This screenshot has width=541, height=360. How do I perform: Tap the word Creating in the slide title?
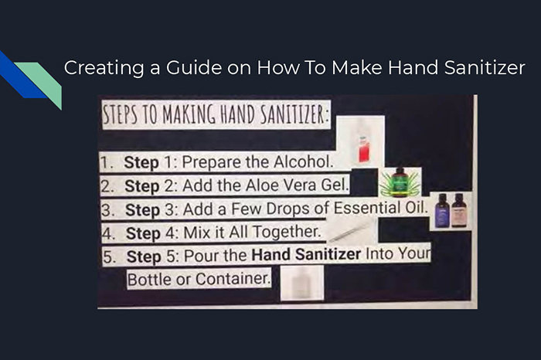pyautogui.click(x=104, y=68)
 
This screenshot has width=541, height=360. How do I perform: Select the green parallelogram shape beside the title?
pyautogui.click(x=41, y=83)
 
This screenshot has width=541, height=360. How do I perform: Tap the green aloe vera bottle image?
pyautogui.click(x=400, y=182)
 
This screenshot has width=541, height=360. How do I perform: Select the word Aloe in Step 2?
pyautogui.click(x=262, y=185)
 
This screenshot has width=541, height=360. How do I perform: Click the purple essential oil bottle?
pyautogui.click(x=442, y=211)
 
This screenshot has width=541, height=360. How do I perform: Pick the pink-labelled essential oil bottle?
pyautogui.click(x=459, y=210)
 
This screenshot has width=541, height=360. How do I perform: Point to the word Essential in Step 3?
pyautogui.click(x=366, y=208)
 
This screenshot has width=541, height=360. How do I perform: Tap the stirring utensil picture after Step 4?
pyautogui.click(x=349, y=232)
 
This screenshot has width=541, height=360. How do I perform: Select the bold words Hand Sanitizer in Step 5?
pyautogui.click(x=306, y=254)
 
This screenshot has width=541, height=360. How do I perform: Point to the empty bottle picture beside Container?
pyautogui.click(x=301, y=284)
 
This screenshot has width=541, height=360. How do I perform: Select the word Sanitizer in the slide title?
pyautogui.click(x=485, y=67)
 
